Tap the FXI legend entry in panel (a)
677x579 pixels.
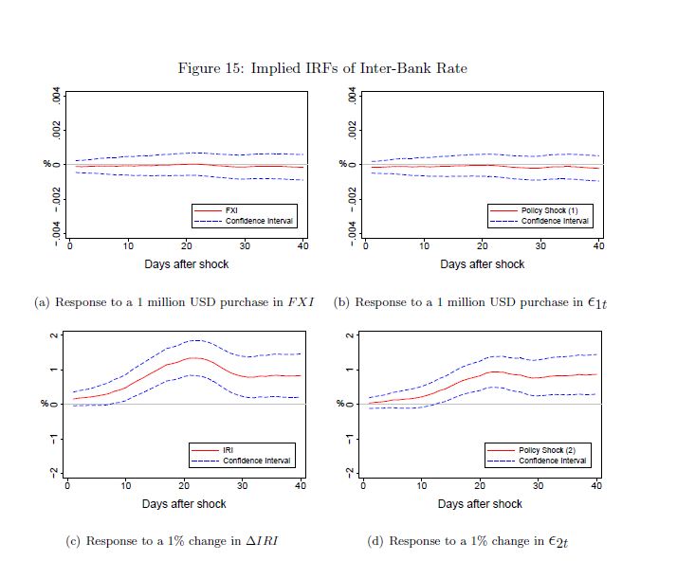click(232, 210)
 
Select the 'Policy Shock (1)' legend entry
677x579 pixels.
click(555, 210)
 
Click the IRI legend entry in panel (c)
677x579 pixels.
click(229, 450)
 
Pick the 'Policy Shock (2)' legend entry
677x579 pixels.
click(554, 450)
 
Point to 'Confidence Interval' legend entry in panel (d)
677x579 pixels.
click(554, 461)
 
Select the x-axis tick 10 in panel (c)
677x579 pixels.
click(125, 485)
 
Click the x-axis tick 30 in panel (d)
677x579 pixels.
click(538, 485)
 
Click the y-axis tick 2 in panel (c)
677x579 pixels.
click(57, 336)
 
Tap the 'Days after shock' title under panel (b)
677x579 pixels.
click(482, 264)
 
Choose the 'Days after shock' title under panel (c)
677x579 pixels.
click(184, 504)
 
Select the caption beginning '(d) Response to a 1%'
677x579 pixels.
click(467, 542)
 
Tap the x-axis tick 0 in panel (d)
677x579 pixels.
click(363, 485)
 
